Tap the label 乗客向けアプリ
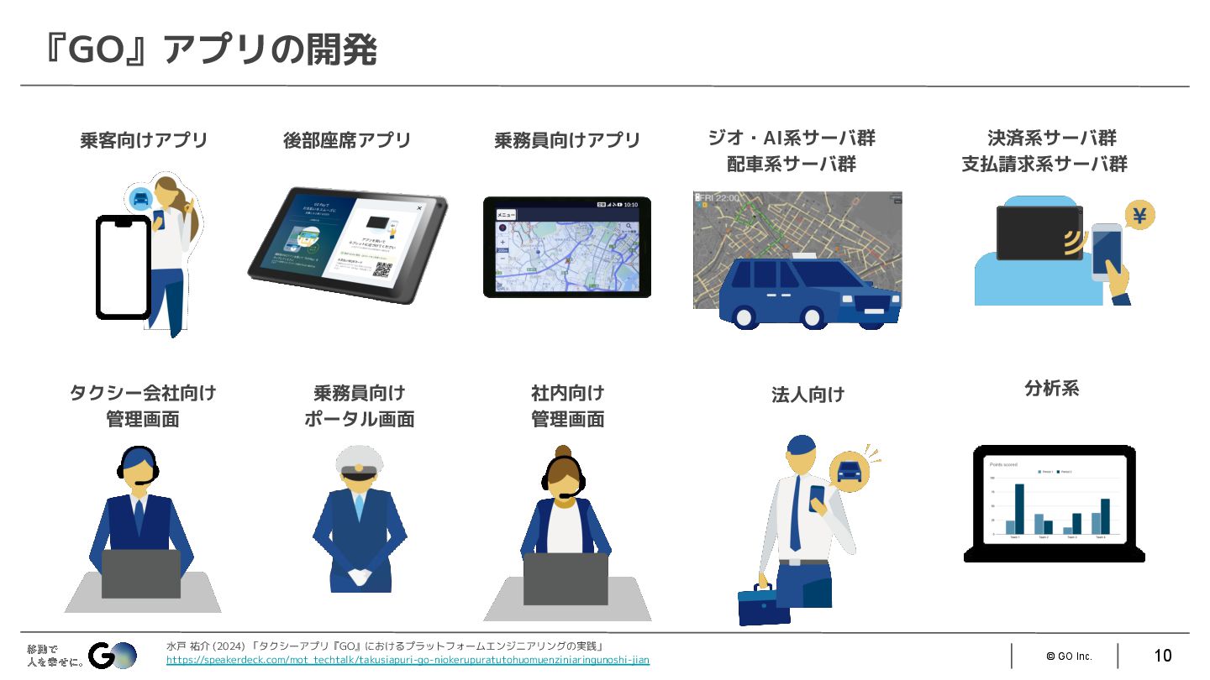point(144,140)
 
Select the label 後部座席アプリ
point(347,140)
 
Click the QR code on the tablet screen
point(383,270)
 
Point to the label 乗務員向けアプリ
point(567,140)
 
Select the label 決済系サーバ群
point(1052,139)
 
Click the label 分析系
point(1051,389)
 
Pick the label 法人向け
point(808,395)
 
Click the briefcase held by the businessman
point(763,604)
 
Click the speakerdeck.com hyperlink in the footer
point(408,660)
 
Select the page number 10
point(1162,656)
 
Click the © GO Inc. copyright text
point(1069,656)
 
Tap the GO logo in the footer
point(113,655)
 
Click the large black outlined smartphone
point(124,267)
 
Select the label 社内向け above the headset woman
point(567,393)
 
